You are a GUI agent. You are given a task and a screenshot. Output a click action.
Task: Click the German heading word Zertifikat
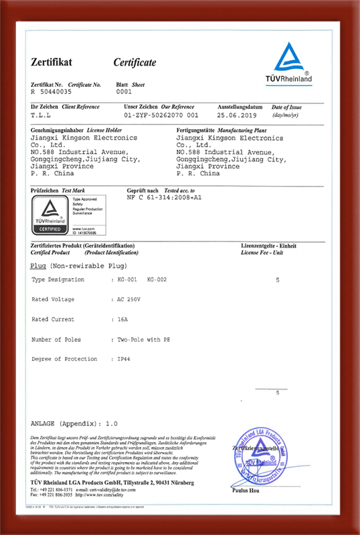coord(51,62)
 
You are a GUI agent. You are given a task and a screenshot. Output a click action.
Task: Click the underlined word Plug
coord(37,265)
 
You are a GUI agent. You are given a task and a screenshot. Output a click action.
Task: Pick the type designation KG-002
coord(157,279)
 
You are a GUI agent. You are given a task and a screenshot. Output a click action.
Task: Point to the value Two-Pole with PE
coord(143,339)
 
